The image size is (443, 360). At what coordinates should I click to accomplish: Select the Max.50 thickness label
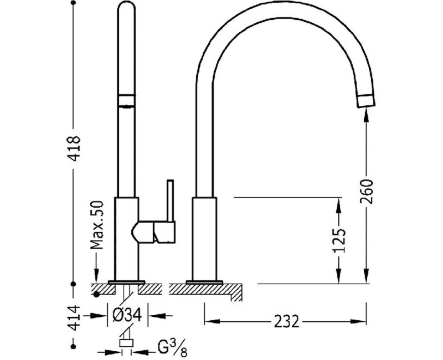(97, 225)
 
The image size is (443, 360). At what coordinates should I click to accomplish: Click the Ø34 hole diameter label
(127, 315)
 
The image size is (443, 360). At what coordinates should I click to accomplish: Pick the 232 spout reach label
(286, 321)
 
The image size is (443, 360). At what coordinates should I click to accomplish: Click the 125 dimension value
(339, 240)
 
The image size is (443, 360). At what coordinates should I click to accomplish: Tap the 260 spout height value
(367, 192)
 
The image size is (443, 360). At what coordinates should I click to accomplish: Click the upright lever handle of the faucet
(171, 200)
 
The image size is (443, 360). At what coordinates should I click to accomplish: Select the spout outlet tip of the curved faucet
(366, 101)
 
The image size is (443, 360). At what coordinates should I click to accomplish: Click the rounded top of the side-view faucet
(126, 6)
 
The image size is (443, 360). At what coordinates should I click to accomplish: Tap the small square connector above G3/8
(126, 343)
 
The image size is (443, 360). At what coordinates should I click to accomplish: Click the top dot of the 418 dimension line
(74, 3)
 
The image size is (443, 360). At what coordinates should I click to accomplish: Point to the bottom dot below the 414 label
(74, 346)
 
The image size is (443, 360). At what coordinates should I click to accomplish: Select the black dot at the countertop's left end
(97, 295)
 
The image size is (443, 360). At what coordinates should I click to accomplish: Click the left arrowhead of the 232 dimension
(212, 321)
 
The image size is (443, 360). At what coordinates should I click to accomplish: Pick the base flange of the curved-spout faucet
(204, 282)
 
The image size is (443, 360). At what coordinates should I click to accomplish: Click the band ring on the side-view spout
(126, 101)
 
